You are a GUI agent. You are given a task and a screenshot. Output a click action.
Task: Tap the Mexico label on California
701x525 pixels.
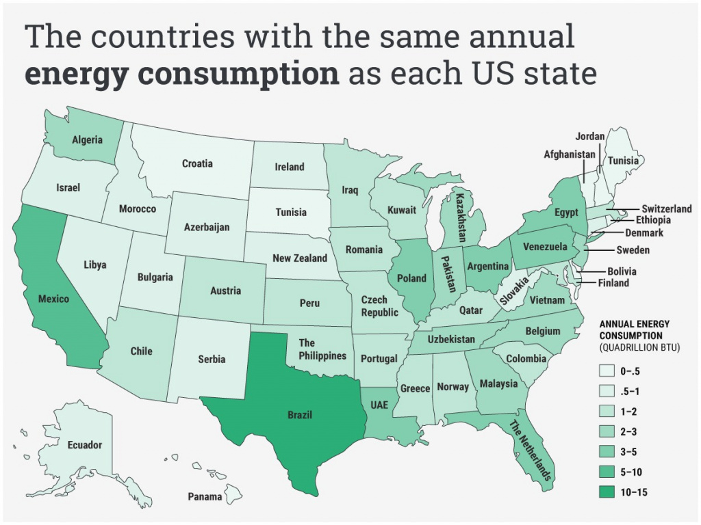[53, 299]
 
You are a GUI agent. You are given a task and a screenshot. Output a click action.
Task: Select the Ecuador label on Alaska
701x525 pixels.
[85, 445]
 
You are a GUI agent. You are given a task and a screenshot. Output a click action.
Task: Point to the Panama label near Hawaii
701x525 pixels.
[205, 497]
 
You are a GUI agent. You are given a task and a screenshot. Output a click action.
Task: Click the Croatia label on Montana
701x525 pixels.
[197, 164]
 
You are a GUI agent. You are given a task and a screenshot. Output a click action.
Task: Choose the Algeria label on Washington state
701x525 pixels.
[87, 140]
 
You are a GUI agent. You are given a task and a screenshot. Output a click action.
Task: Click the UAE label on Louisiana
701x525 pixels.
[379, 405]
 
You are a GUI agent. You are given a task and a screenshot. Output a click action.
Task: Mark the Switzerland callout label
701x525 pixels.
[667, 208]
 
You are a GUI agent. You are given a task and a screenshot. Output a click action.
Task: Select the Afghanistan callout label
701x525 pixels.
[570, 154]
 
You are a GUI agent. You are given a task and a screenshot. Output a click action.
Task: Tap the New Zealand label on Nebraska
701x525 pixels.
[300, 258]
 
